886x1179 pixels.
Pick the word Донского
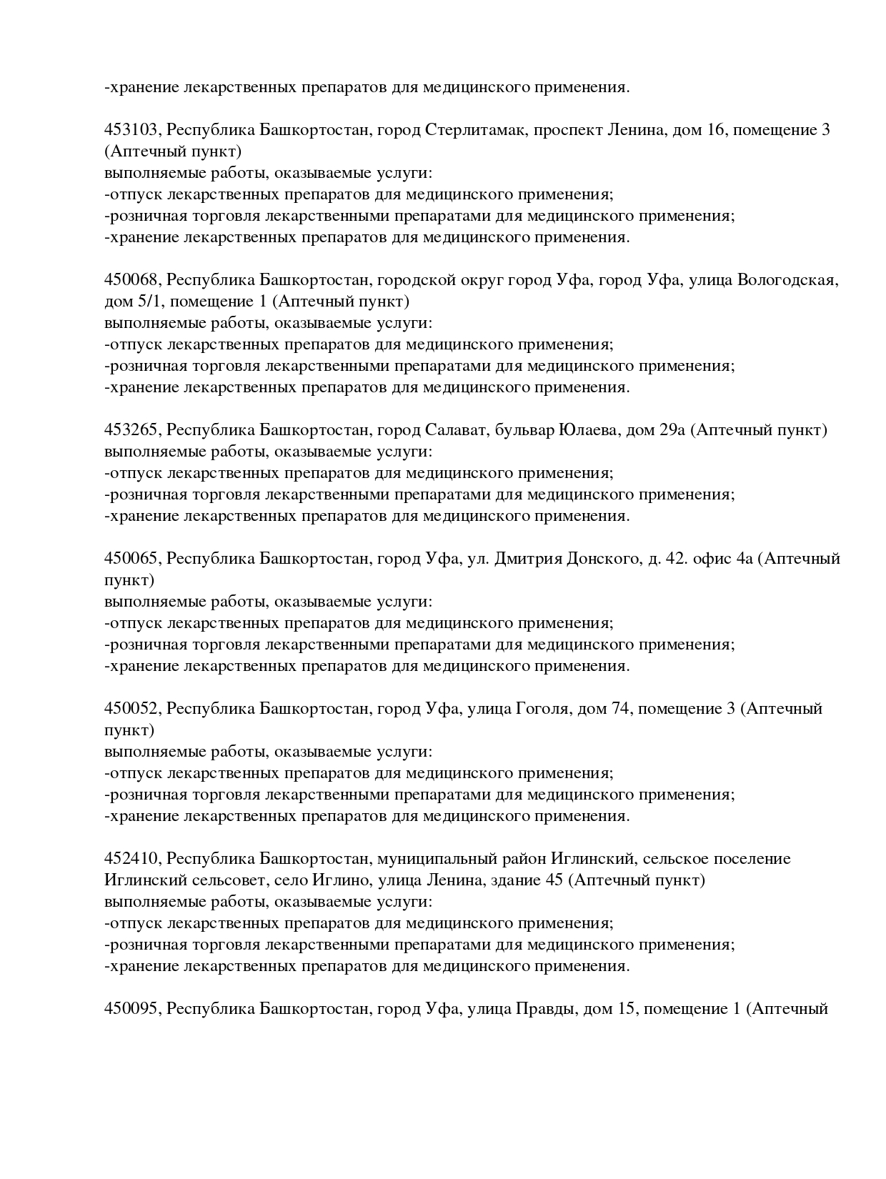[602, 559]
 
